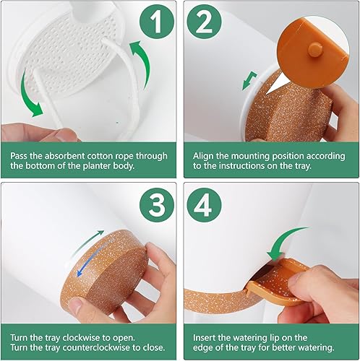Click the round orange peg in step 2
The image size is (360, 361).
click(x=314, y=47)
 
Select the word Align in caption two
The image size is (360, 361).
click(x=203, y=157)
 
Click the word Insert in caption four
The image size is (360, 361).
click(x=205, y=337)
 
